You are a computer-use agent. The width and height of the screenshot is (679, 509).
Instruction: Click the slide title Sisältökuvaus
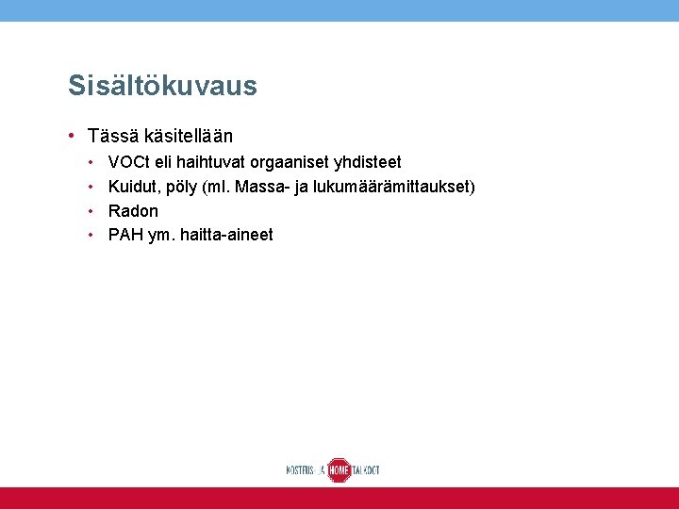[x=162, y=86]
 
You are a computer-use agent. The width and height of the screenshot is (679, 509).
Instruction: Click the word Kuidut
[x=132, y=187]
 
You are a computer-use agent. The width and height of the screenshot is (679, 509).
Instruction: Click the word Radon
[x=133, y=210]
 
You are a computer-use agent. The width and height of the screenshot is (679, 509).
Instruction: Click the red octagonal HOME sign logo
[x=339, y=469]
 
